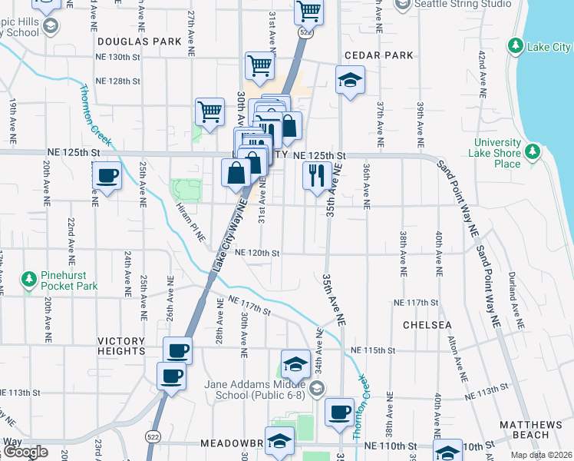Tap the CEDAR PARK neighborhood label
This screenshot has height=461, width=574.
[379, 55]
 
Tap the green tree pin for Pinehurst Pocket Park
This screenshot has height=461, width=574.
[29, 277]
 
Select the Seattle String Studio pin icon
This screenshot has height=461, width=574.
[402, 4]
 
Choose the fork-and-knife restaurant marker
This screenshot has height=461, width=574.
[316, 175]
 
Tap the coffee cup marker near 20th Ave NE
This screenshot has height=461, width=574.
[107, 176]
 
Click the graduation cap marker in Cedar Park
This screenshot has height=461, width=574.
[350, 80]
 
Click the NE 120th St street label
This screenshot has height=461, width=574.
[257, 252]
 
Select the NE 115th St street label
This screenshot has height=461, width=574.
[373, 350]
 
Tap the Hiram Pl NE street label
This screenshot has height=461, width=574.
[190, 224]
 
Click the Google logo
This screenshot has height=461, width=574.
[25, 452]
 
